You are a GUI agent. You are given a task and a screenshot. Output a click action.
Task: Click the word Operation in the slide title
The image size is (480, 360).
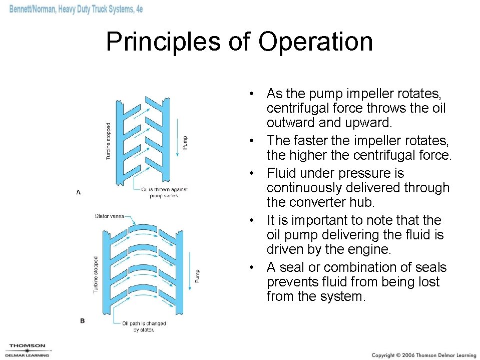tap(315, 42)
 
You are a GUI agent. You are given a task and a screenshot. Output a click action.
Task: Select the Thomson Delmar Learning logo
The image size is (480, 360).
tap(27, 350)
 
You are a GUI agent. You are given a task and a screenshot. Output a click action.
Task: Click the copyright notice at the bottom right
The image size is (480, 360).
tap(423, 355)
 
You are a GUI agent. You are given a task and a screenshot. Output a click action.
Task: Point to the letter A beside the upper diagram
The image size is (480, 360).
tap(78, 192)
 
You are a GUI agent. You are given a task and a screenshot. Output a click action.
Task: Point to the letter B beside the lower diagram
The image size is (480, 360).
tap(82, 321)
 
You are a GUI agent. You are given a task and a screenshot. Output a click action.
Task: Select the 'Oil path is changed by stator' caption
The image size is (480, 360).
tap(144, 326)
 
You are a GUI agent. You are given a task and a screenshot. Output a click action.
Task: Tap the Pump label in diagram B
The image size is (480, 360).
tap(197, 275)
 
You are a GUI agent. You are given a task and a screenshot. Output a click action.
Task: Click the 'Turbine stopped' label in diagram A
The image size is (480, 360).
tap(108, 142)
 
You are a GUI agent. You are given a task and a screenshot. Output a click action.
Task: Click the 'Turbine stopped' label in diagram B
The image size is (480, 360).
tap(96, 274)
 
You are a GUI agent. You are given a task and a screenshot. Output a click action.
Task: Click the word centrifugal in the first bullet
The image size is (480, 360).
tap(297, 108)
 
